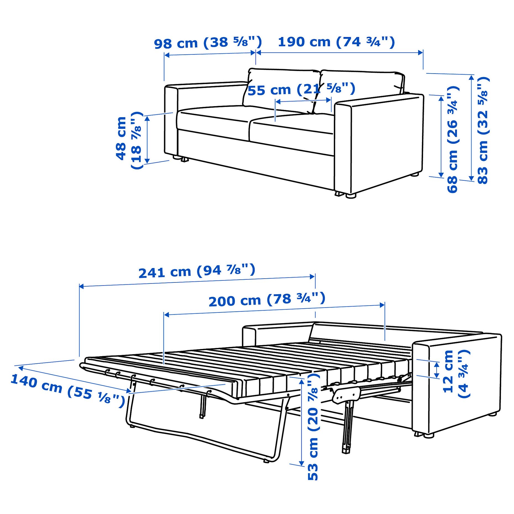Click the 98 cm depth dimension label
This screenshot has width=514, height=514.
point(208,43)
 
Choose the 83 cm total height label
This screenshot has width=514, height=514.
point(483,130)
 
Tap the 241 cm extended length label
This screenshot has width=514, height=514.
point(196,271)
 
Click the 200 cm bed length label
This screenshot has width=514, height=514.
point(267,300)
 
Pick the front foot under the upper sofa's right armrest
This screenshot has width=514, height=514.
point(350,196)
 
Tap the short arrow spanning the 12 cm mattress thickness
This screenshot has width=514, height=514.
point(437,370)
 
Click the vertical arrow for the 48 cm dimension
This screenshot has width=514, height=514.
point(147,140)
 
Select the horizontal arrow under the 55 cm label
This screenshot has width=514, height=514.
point(303,101)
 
